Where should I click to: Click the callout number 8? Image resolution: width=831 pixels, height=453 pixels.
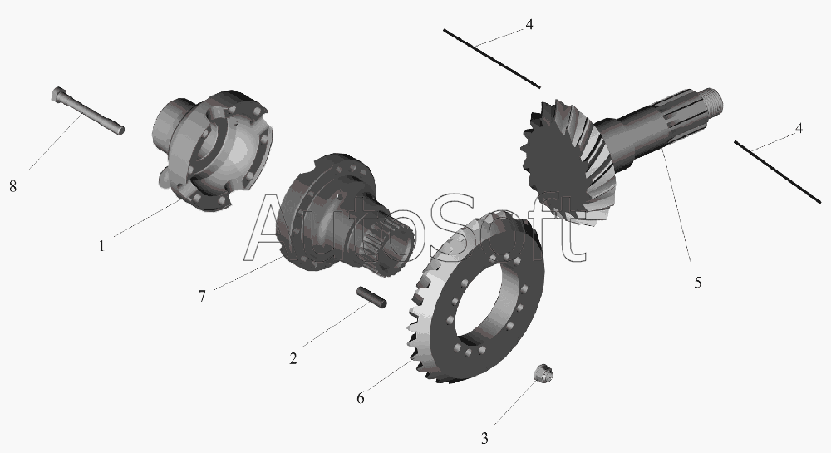[x=12, y=186]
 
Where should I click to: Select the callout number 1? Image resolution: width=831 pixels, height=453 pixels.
[x=101, y=246]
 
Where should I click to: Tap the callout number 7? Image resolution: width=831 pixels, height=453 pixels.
[x=202, y=296]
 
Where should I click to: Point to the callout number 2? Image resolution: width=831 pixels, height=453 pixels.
[x=293, y=359]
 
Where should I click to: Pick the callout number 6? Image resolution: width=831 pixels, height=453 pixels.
[x=361, y=398]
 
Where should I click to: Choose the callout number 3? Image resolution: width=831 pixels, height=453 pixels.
[x=484, y=439]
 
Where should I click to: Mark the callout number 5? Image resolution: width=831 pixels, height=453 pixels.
[x=698, y=283]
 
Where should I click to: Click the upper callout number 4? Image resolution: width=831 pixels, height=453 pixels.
[x=529, y=24]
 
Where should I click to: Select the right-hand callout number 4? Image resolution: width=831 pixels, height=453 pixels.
[x=799, y=128]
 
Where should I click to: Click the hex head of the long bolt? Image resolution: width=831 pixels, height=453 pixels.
[x=58, y=94]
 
